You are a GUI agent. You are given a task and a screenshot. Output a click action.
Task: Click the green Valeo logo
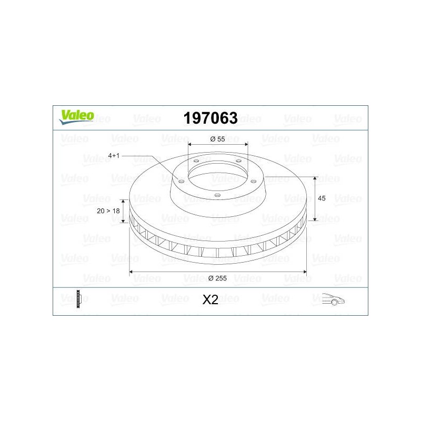tap(76, 117)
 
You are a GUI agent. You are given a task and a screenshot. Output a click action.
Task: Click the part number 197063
tap(210, 118)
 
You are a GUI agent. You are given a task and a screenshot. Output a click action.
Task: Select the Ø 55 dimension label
tap(217, 139)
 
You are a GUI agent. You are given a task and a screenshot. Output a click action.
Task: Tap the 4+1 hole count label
tap(114, 155)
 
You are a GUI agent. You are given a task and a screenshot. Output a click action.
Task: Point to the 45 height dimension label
tap(322, 198)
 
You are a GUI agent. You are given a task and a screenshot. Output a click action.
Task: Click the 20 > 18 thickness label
tap(108, 211)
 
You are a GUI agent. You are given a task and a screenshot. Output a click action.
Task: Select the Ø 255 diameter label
tap(217, 278)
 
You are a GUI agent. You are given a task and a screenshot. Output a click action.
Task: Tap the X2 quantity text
tap(210, 299)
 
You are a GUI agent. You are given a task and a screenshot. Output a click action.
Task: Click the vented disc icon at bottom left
tap(78, 299)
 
